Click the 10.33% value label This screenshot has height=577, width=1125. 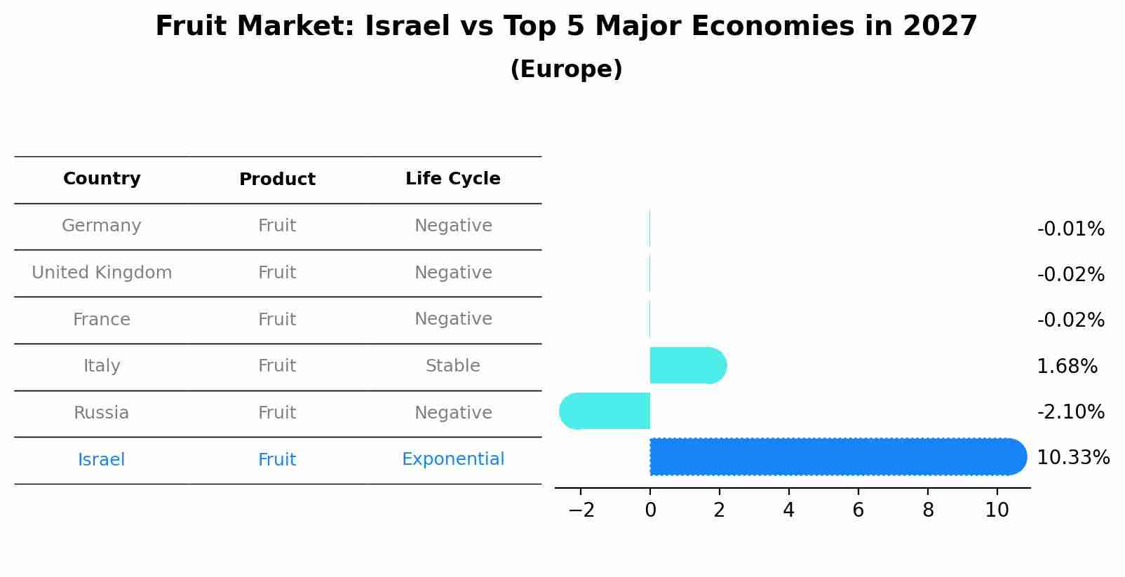tap(1072, 458)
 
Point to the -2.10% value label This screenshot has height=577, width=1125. tap(1070, 412)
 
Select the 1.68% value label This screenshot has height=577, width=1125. tap(1067, 366)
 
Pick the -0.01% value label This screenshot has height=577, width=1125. tap(1070, 229)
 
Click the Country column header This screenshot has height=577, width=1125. tap(102, 179)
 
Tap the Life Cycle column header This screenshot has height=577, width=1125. tap(452, 179)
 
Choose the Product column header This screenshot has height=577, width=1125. tap(277, 179)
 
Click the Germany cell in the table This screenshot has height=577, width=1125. tap(102, 226)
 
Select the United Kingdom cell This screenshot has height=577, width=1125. tap(102, 273)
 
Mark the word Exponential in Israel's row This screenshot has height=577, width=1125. tap(452, 459)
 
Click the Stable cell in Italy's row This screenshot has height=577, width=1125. tap(452, 366)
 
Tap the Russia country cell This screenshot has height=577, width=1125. tap(102, 413)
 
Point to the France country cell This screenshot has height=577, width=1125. tap(102, 320)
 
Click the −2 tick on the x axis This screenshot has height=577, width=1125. tap(581, 510)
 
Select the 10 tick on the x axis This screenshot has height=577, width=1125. tap(997, 510)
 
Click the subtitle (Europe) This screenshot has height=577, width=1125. tap(566, 69)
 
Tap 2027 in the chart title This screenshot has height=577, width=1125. tap(940, 27)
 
